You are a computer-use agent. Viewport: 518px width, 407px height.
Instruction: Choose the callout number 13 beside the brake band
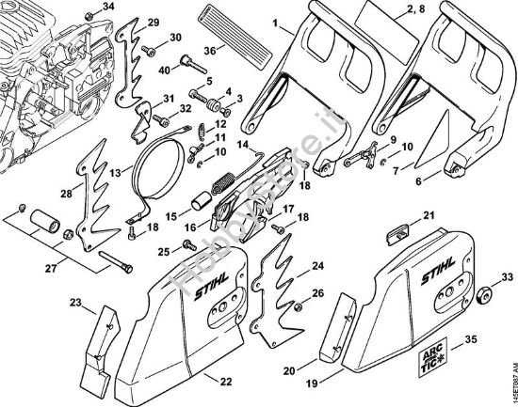115,175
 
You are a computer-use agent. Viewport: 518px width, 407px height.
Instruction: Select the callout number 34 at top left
109,7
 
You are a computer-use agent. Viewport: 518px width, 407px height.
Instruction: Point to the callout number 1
277,21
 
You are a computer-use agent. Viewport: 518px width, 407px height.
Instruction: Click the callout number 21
429,216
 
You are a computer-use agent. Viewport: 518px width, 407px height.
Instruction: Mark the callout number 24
318,267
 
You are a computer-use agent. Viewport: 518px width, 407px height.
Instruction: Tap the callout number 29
154,22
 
